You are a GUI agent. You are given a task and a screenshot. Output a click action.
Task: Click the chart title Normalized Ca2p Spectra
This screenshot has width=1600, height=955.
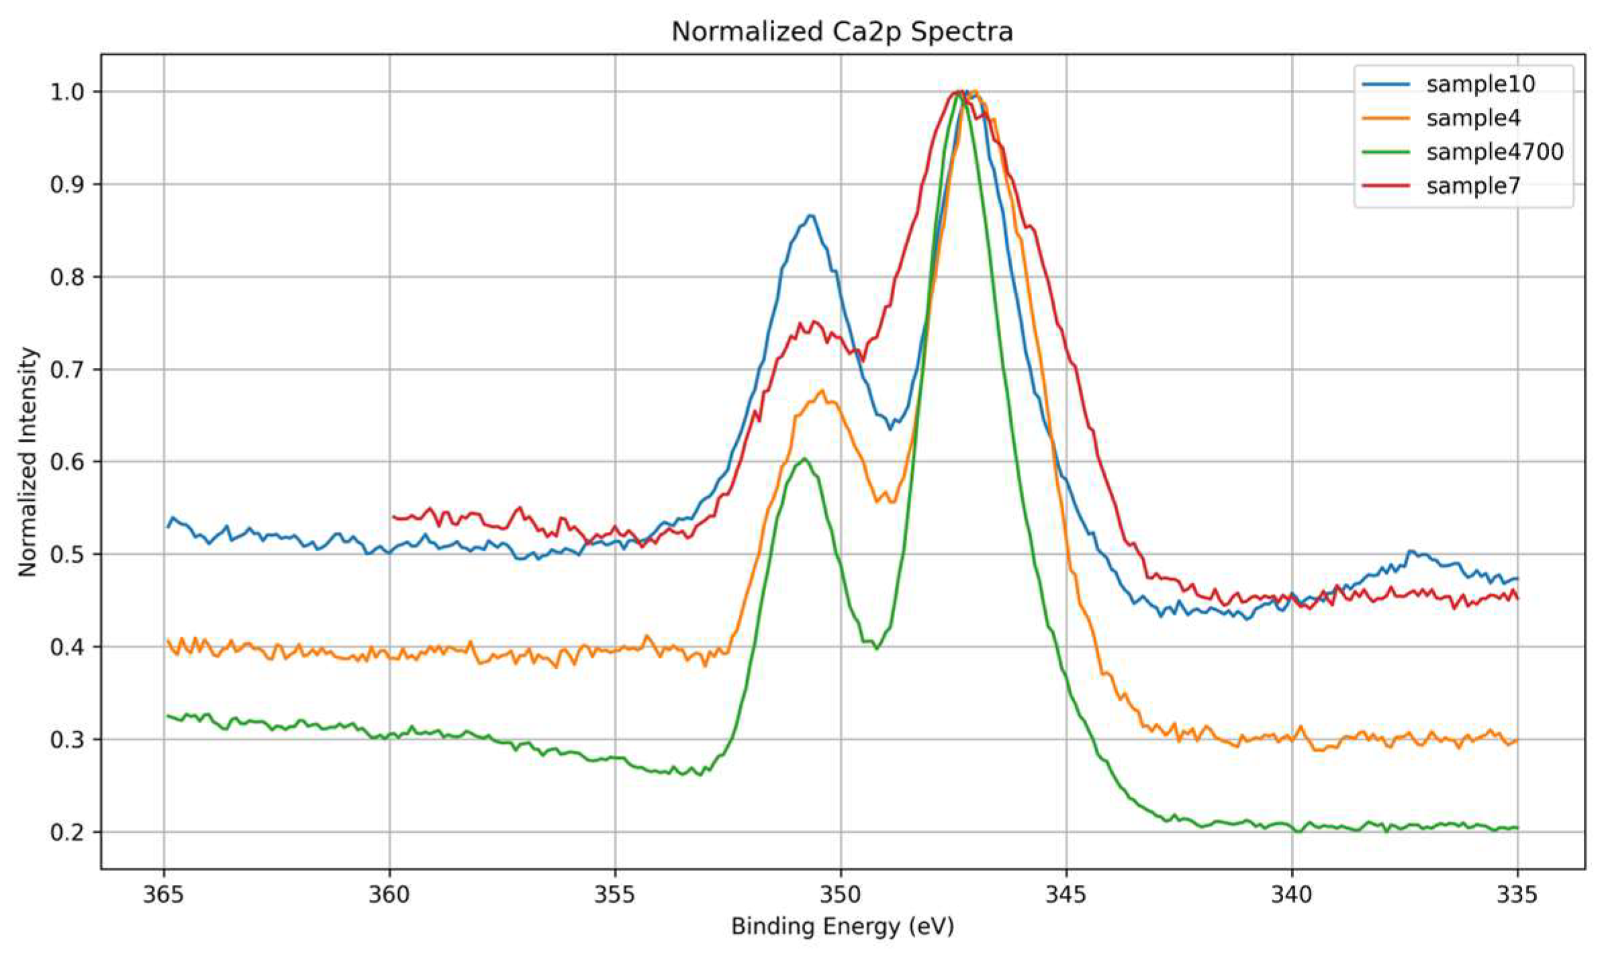841,32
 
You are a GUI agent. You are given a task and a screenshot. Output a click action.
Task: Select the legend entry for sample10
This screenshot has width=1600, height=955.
1480,84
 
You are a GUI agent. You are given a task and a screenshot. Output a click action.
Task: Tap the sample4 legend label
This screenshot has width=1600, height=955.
1473,118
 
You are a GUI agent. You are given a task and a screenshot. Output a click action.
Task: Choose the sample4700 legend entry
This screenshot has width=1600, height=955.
1495,152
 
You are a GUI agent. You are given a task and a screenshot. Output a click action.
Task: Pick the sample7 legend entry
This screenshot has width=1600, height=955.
1473,185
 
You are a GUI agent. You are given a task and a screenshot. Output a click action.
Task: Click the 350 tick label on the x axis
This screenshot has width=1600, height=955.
841,895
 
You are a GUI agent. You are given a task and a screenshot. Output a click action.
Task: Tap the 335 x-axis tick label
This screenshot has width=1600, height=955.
1517,895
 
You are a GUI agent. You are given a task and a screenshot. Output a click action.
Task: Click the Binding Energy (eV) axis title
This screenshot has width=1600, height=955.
842,927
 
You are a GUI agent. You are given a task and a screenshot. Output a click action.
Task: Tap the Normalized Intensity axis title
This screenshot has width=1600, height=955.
28,461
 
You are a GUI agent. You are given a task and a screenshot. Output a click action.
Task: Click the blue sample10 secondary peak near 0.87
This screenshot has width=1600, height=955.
810,216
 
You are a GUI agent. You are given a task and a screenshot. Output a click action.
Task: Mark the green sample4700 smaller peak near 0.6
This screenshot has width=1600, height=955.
804,459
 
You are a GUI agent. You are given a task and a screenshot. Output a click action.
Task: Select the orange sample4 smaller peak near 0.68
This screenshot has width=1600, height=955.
821,391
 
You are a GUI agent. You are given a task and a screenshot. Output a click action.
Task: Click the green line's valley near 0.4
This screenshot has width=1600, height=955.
876,647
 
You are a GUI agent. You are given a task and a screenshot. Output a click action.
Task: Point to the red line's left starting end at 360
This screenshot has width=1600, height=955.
393,516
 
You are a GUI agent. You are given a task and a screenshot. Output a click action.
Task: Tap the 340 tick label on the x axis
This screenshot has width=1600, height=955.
1292,895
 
